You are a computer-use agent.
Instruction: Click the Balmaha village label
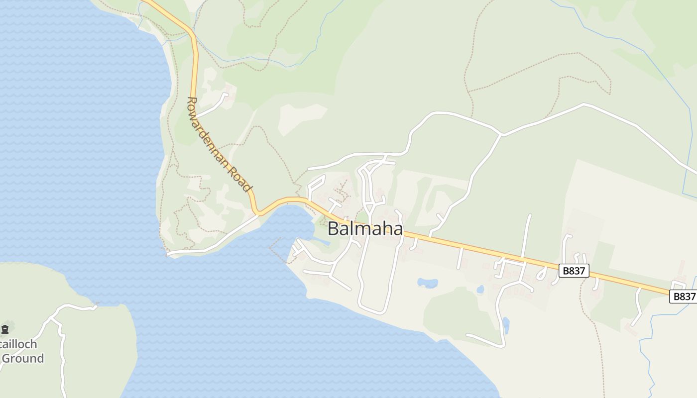365,228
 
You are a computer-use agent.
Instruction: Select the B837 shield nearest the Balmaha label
574,271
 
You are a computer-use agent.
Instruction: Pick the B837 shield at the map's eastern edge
684,297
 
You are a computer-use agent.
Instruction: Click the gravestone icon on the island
5,329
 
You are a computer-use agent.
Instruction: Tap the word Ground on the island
22,358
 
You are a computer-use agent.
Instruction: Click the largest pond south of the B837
427,283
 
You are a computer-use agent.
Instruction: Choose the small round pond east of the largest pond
480,289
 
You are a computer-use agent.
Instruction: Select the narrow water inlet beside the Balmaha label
319,242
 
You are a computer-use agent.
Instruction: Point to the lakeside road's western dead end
168,255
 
